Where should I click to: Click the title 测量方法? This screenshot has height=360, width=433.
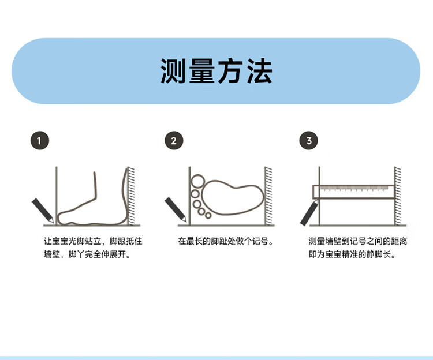coord(216,71)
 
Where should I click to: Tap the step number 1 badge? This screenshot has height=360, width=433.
coord(40,140)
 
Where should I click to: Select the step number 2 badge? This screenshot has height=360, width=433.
coord(174,140)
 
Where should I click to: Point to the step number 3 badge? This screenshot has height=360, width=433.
coord(309,140)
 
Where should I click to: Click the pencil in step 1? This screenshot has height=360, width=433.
coord(43,211)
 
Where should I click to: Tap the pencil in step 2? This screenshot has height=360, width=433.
coord(176,209)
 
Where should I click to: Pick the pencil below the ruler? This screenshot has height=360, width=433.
coord(309,213)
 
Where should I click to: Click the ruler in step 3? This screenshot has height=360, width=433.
coord(353,192)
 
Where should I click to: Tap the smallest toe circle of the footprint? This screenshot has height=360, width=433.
coord(208,215)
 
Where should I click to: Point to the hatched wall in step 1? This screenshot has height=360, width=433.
coord(132,196)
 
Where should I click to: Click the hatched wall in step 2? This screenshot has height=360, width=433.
coord(268,196)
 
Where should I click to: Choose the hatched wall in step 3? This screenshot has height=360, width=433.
coord(398,196)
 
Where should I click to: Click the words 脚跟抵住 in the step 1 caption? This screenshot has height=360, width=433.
coord(126,241)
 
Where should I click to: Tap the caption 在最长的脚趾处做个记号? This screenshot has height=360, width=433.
coord(225,241)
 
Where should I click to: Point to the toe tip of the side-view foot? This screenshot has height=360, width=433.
coord(58,218)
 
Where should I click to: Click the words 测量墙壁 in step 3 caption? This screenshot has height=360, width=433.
coord(325,241)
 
